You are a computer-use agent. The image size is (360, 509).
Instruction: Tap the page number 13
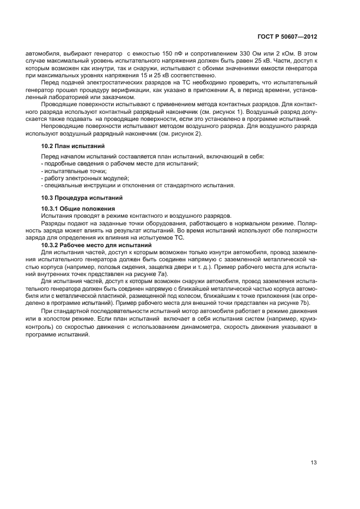(x=314, y=463)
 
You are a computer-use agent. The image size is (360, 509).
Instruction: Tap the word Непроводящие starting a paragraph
(x=60, y=126)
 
